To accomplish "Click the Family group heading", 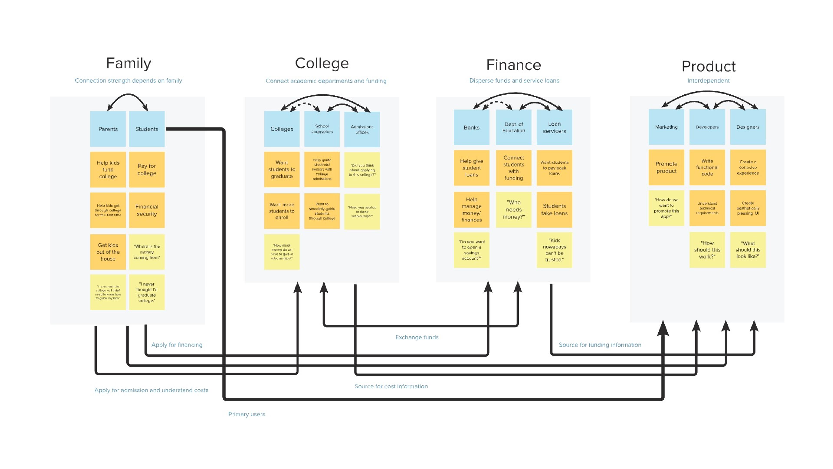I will tap(128, 63).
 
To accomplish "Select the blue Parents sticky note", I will tap(108, 129).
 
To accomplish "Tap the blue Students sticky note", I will tap(147, 129).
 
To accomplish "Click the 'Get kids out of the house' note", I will tap(108, 252).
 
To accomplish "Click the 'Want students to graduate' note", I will tap(282, 169).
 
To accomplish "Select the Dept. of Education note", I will tap(513, 127).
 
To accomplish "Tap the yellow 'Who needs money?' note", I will tap(513, 209).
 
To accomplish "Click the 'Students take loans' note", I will tap(554, 209).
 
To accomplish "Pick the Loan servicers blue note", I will tap(554, 127).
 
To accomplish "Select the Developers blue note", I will tap(707, 127).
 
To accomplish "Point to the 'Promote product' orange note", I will tap(666, 167).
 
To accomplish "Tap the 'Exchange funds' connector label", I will tap(417, 337).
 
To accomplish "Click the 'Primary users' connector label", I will tap(246, 414).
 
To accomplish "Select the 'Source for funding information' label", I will tap(600, 345).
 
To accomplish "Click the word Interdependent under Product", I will tap(708, 81).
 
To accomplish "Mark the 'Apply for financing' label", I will tap(177, 345).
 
